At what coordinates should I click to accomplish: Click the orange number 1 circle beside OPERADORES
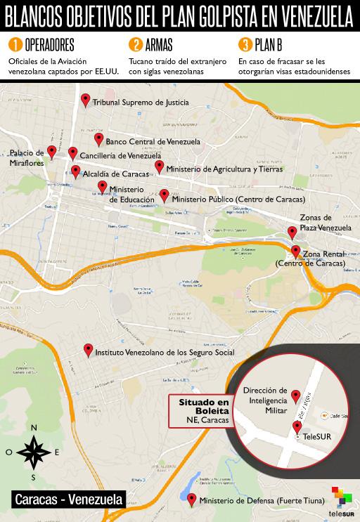pyautogui.click(x=14, y=45)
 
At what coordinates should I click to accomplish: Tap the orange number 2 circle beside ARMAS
pyautogui.click(x=135, y=45)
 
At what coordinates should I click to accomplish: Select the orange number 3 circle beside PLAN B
pyautogui.click(x=245, y=45)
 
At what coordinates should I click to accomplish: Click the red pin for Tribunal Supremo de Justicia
pyautogui.click(x=86, y=100)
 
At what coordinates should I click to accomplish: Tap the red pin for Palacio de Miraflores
pyautogui.click(x=51, y=151)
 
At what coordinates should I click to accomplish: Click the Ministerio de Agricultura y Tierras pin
pyautogui.click(x=160, y=167)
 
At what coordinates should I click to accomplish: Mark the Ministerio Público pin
pyautogui.click(x=164, y=195)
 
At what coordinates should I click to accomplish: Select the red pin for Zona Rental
pyautogui.click(x=296, y=252)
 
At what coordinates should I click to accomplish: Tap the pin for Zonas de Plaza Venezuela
pyautogui.click(x=292, y=233)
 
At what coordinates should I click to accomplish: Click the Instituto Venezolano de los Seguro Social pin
pyautogui.click(x=88, y=349)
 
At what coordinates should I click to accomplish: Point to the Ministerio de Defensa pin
pyautogui.click(x=192, y=500)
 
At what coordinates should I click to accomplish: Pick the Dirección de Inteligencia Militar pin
pyautogui.click(x=296, y=396)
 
